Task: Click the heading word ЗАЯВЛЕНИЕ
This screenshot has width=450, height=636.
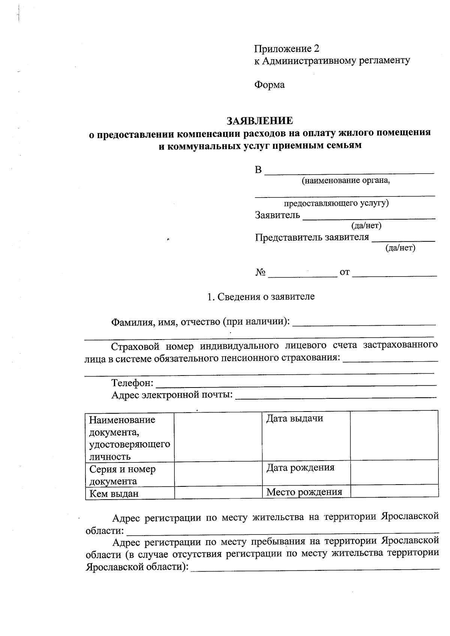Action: (259, 121)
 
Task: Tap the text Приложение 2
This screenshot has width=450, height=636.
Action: (287, 49)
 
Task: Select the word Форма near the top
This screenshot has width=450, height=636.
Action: (270, 85)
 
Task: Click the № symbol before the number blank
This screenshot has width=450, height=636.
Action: (261, 272)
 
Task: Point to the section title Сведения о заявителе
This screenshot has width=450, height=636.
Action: (261, 297)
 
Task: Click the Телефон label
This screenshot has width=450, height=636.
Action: (132, 383)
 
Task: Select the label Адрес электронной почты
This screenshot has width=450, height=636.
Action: (172, 395)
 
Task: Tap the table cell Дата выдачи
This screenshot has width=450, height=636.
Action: (295, 419)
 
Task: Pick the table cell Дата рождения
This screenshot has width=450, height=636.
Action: (300, 468)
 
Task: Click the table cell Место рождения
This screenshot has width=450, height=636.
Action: (304, 492)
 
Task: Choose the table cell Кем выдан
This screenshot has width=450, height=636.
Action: (114, 494)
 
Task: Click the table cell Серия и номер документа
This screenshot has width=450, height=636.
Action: (122, 475)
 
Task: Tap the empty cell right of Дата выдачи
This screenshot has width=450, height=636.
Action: (394, 435)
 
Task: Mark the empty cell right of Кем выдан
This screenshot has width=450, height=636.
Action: (218, 492)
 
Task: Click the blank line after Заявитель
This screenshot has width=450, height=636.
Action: (369, 217)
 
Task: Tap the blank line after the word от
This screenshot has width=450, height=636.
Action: (394, 275)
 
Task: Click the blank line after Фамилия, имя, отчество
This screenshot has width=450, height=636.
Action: (364, 323)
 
